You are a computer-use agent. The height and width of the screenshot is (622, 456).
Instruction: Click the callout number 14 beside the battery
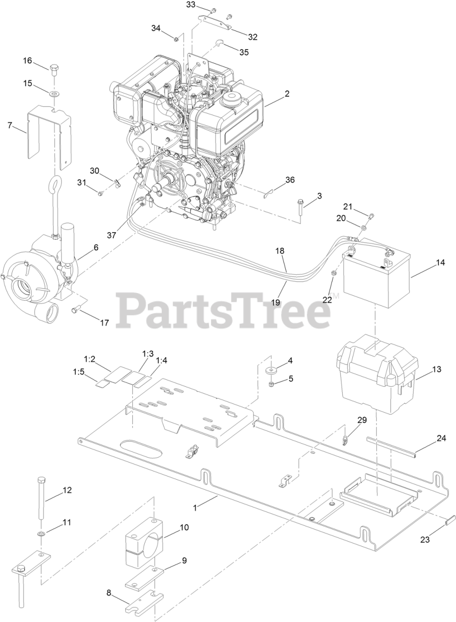(x=440, y=263)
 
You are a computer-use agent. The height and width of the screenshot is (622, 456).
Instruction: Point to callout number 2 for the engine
(x=287, y=94)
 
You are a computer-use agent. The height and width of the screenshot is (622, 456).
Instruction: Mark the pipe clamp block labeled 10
(x=144, y=544)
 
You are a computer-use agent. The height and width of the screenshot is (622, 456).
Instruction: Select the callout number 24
(x=441, y=438)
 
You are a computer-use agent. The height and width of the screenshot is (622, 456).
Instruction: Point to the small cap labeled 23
(x=451, y=520)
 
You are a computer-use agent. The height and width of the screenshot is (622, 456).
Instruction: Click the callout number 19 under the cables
(x=276, y=302)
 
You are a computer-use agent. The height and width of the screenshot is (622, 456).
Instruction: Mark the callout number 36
(x=290, y=180)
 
